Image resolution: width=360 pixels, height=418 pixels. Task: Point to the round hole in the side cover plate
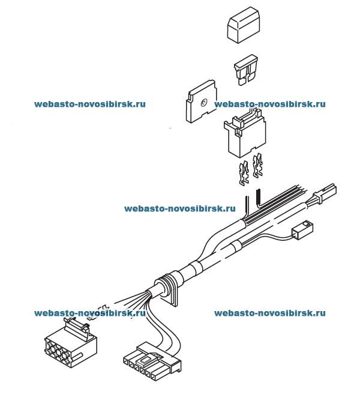click(x=203, y=103)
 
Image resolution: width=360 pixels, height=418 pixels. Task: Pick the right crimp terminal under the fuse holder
click(x=259, y=169)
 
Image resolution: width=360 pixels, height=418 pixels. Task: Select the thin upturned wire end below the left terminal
click(x=246, y=201)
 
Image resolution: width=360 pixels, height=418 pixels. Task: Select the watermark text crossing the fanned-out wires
click(x=90, y=312)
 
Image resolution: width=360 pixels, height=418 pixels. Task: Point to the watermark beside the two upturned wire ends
click(x=179, y=209)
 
